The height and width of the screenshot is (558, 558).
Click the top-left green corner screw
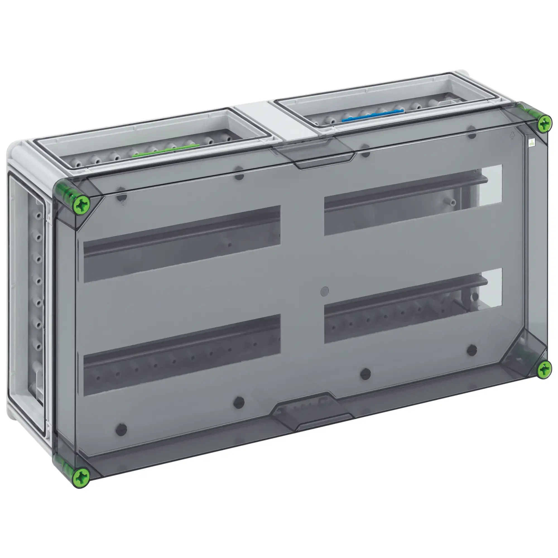82,205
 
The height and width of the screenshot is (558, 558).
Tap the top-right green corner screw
544,124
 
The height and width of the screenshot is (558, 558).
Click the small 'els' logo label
531,143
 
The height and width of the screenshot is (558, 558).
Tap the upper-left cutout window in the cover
182,244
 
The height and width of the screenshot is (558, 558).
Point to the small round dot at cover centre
325,291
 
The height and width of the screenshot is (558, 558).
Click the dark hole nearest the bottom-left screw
121,430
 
